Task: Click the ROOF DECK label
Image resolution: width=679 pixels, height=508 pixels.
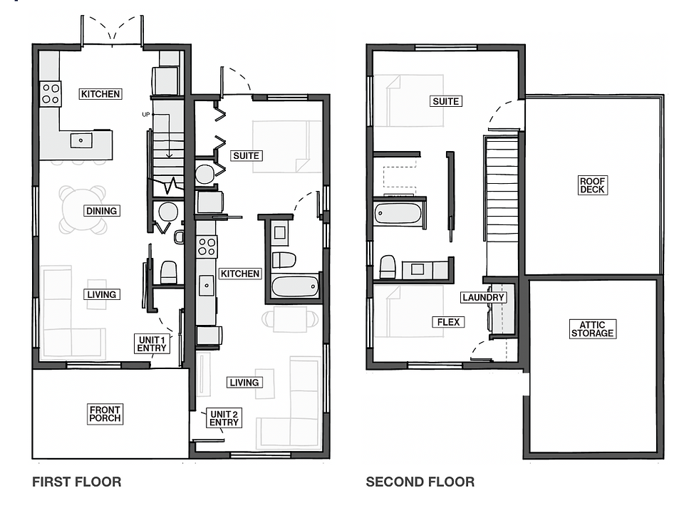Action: point(592,185)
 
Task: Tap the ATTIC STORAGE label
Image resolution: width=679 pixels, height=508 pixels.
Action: point(592,329)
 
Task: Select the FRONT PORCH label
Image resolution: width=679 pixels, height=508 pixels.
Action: point(105,414)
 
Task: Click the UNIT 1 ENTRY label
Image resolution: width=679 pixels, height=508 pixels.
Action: point(152,344)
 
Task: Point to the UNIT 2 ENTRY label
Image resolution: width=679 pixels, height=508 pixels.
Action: point(224,418)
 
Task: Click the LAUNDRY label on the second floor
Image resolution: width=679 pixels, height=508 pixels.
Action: point(483,297)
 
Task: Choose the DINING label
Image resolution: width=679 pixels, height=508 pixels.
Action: point(100,211)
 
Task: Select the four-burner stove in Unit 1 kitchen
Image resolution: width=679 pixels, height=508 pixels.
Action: point(51,93)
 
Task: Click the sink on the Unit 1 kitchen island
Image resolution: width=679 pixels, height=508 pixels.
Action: point(81,140)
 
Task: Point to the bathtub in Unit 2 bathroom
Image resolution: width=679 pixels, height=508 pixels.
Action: point(295,287)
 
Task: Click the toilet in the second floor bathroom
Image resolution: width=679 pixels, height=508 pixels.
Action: point(388,267)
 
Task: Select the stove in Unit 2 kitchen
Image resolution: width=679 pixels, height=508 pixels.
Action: point(207,247)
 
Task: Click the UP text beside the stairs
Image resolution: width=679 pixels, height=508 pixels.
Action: point(146,114)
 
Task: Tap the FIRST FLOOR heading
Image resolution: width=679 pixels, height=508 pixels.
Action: point(76,482)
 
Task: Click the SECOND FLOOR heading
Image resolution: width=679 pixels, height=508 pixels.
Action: point(420,482)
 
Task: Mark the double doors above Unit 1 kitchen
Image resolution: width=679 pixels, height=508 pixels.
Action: point(111,31)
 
